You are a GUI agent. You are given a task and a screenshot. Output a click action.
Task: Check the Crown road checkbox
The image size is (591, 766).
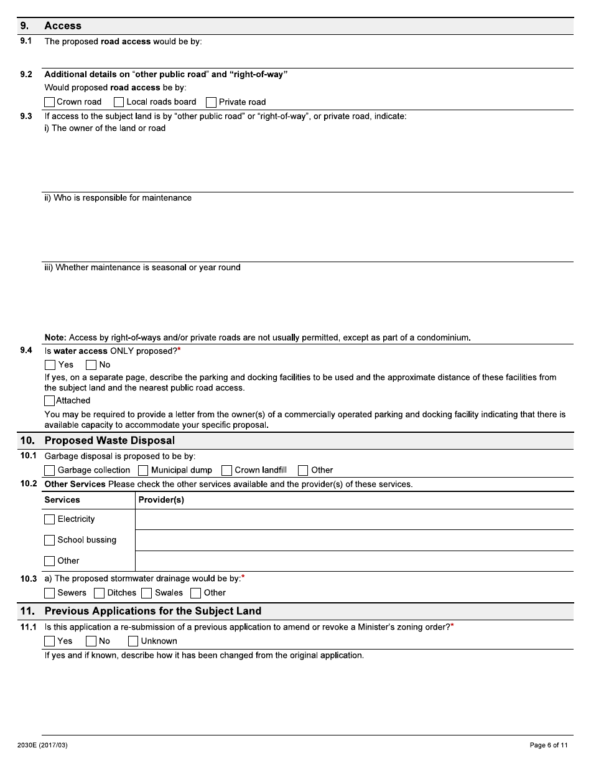point(50,102)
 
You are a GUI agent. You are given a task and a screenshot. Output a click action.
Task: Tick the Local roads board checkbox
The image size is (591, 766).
point(119,102)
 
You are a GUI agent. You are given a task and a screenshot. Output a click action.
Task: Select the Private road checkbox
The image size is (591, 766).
point(212,102)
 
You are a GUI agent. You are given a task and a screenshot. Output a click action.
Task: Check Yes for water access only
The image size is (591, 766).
point(50,365)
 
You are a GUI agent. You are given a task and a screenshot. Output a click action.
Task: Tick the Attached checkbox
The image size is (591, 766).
point(50,401)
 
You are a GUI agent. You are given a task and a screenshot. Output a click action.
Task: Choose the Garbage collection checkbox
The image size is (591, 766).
point(50,470)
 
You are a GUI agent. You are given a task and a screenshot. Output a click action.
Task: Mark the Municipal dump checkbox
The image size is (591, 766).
point(143,470)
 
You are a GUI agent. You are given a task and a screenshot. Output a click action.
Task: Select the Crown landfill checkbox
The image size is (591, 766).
point(227,470)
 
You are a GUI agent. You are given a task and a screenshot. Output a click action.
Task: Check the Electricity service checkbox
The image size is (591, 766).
point(50,519)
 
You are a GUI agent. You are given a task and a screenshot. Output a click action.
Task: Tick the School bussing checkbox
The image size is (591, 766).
point(50,540)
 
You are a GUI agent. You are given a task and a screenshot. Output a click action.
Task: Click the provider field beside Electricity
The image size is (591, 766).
point(353,519)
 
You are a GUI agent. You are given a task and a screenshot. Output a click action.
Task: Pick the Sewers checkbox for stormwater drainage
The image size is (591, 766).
point(50,593)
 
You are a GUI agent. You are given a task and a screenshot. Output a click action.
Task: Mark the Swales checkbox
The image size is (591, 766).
point(147,593)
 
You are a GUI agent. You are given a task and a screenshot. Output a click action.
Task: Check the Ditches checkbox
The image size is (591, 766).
point(99,593)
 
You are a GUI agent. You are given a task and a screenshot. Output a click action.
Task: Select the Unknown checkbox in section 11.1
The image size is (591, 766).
point(133,641)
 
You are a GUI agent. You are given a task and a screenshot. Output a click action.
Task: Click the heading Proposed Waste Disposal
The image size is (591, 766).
point(109,441)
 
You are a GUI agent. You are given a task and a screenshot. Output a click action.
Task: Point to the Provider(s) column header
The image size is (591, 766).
point(161,500)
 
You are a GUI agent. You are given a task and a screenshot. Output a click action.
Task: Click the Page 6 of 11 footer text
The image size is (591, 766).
point(548,745)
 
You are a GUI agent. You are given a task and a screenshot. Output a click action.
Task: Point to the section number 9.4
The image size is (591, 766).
point(26,351)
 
